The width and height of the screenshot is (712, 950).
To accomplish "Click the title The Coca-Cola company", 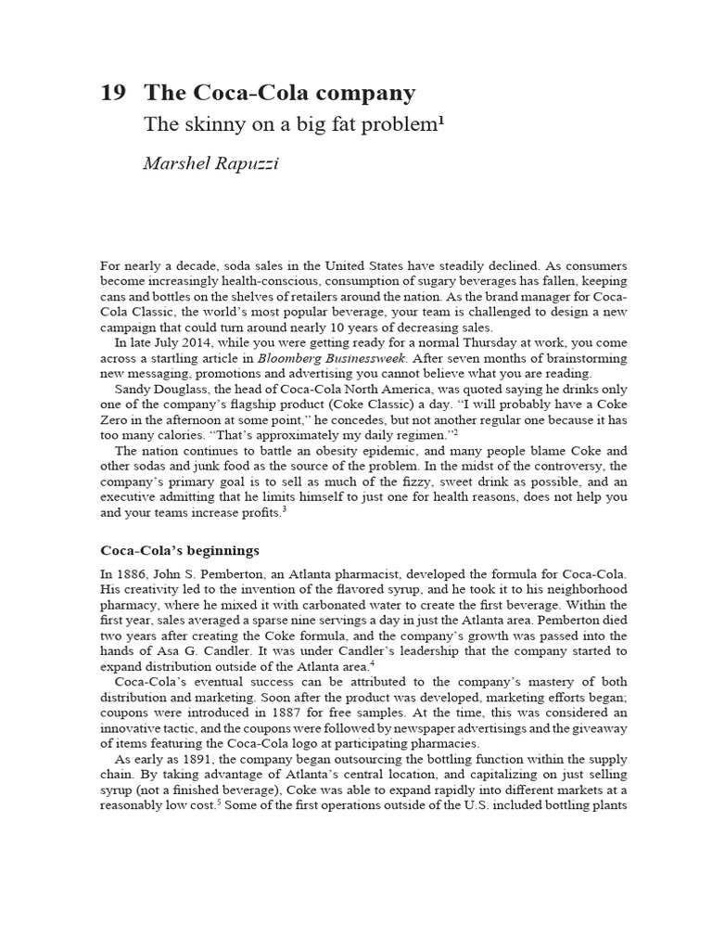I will coord(280,93).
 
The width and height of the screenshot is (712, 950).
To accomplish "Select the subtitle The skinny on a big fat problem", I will coord(290,125).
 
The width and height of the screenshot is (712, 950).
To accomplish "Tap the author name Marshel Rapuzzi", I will coord(210,163).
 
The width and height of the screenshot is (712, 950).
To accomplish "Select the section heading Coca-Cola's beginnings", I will coord(180,549).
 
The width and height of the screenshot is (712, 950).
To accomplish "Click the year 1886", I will coord(132,575).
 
